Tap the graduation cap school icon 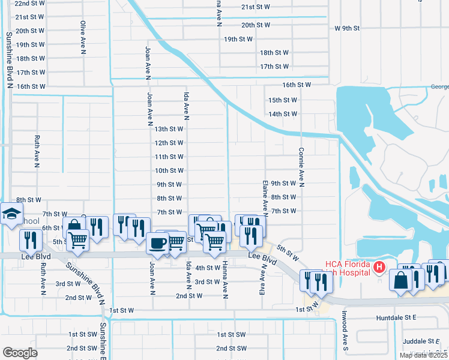coord(11,214)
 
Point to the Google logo coord(20,352)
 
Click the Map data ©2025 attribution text coord(423,355)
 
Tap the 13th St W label coord(169,129)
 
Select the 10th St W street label coord(169,170)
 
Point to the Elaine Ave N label coord(264,197)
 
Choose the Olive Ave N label coord(83,37)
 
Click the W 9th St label coord(347,28)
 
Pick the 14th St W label coord(283,114)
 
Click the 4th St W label coord(208,268)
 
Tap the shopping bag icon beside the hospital coord(400,280)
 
